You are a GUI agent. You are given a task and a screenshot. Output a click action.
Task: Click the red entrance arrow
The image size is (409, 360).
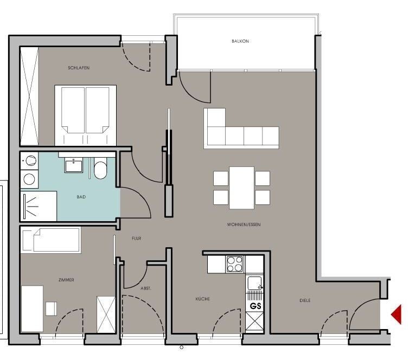(x=396, y=314)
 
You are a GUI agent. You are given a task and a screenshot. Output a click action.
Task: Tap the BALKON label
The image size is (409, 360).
(x=240, y=41)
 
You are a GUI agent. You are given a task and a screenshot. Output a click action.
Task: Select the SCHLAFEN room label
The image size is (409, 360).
(x=79, y=68)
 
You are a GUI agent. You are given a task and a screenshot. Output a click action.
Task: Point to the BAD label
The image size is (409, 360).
(x=81, y=197)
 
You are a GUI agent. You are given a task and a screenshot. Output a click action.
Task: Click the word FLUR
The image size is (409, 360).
(x=136, y=238)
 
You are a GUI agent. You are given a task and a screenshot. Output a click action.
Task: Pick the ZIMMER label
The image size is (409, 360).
(x=66, y=280)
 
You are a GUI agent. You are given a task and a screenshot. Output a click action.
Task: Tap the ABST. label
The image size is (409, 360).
(x=146, y=288)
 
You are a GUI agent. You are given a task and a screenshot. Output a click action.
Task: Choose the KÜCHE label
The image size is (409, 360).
(x=203, y=299)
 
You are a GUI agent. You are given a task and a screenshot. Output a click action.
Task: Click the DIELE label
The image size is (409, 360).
(x=305, y=300)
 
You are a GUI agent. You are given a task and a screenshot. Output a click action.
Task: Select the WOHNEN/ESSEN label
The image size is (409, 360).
(x=244, y=224)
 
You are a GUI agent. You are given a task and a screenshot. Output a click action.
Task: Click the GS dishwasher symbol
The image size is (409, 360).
(x=255, y=306)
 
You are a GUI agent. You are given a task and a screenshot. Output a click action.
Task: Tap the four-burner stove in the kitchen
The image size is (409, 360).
(x=235, y=264)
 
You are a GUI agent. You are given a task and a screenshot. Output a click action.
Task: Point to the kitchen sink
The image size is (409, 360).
(x=254, y=284)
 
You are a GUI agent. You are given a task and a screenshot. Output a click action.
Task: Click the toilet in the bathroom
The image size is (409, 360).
(x=100, y=168)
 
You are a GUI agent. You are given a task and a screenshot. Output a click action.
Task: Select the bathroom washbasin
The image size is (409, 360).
(x=74, y=166)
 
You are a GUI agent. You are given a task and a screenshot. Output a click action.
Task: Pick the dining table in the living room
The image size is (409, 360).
(x=241, y=188)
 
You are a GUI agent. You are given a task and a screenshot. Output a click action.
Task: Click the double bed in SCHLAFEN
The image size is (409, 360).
(x=85, y=115)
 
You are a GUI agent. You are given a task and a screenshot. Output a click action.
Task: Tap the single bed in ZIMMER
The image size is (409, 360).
(x=50, y=240)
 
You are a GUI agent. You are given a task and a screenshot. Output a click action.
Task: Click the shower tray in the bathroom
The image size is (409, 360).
(x=39, y=206)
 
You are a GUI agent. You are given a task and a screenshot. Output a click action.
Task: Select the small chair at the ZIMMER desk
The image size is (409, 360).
(x=51, y=308)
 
